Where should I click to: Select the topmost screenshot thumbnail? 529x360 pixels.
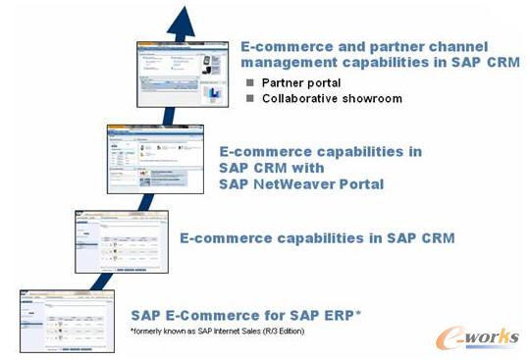coord(186,73)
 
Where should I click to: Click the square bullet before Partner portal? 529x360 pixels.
coord(250,82)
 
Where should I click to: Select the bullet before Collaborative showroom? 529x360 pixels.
coord(250,98)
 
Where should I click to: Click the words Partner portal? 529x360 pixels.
coord(295,82)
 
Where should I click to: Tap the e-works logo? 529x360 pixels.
coord(478,337)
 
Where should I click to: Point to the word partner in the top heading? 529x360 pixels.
coord(397,44)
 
